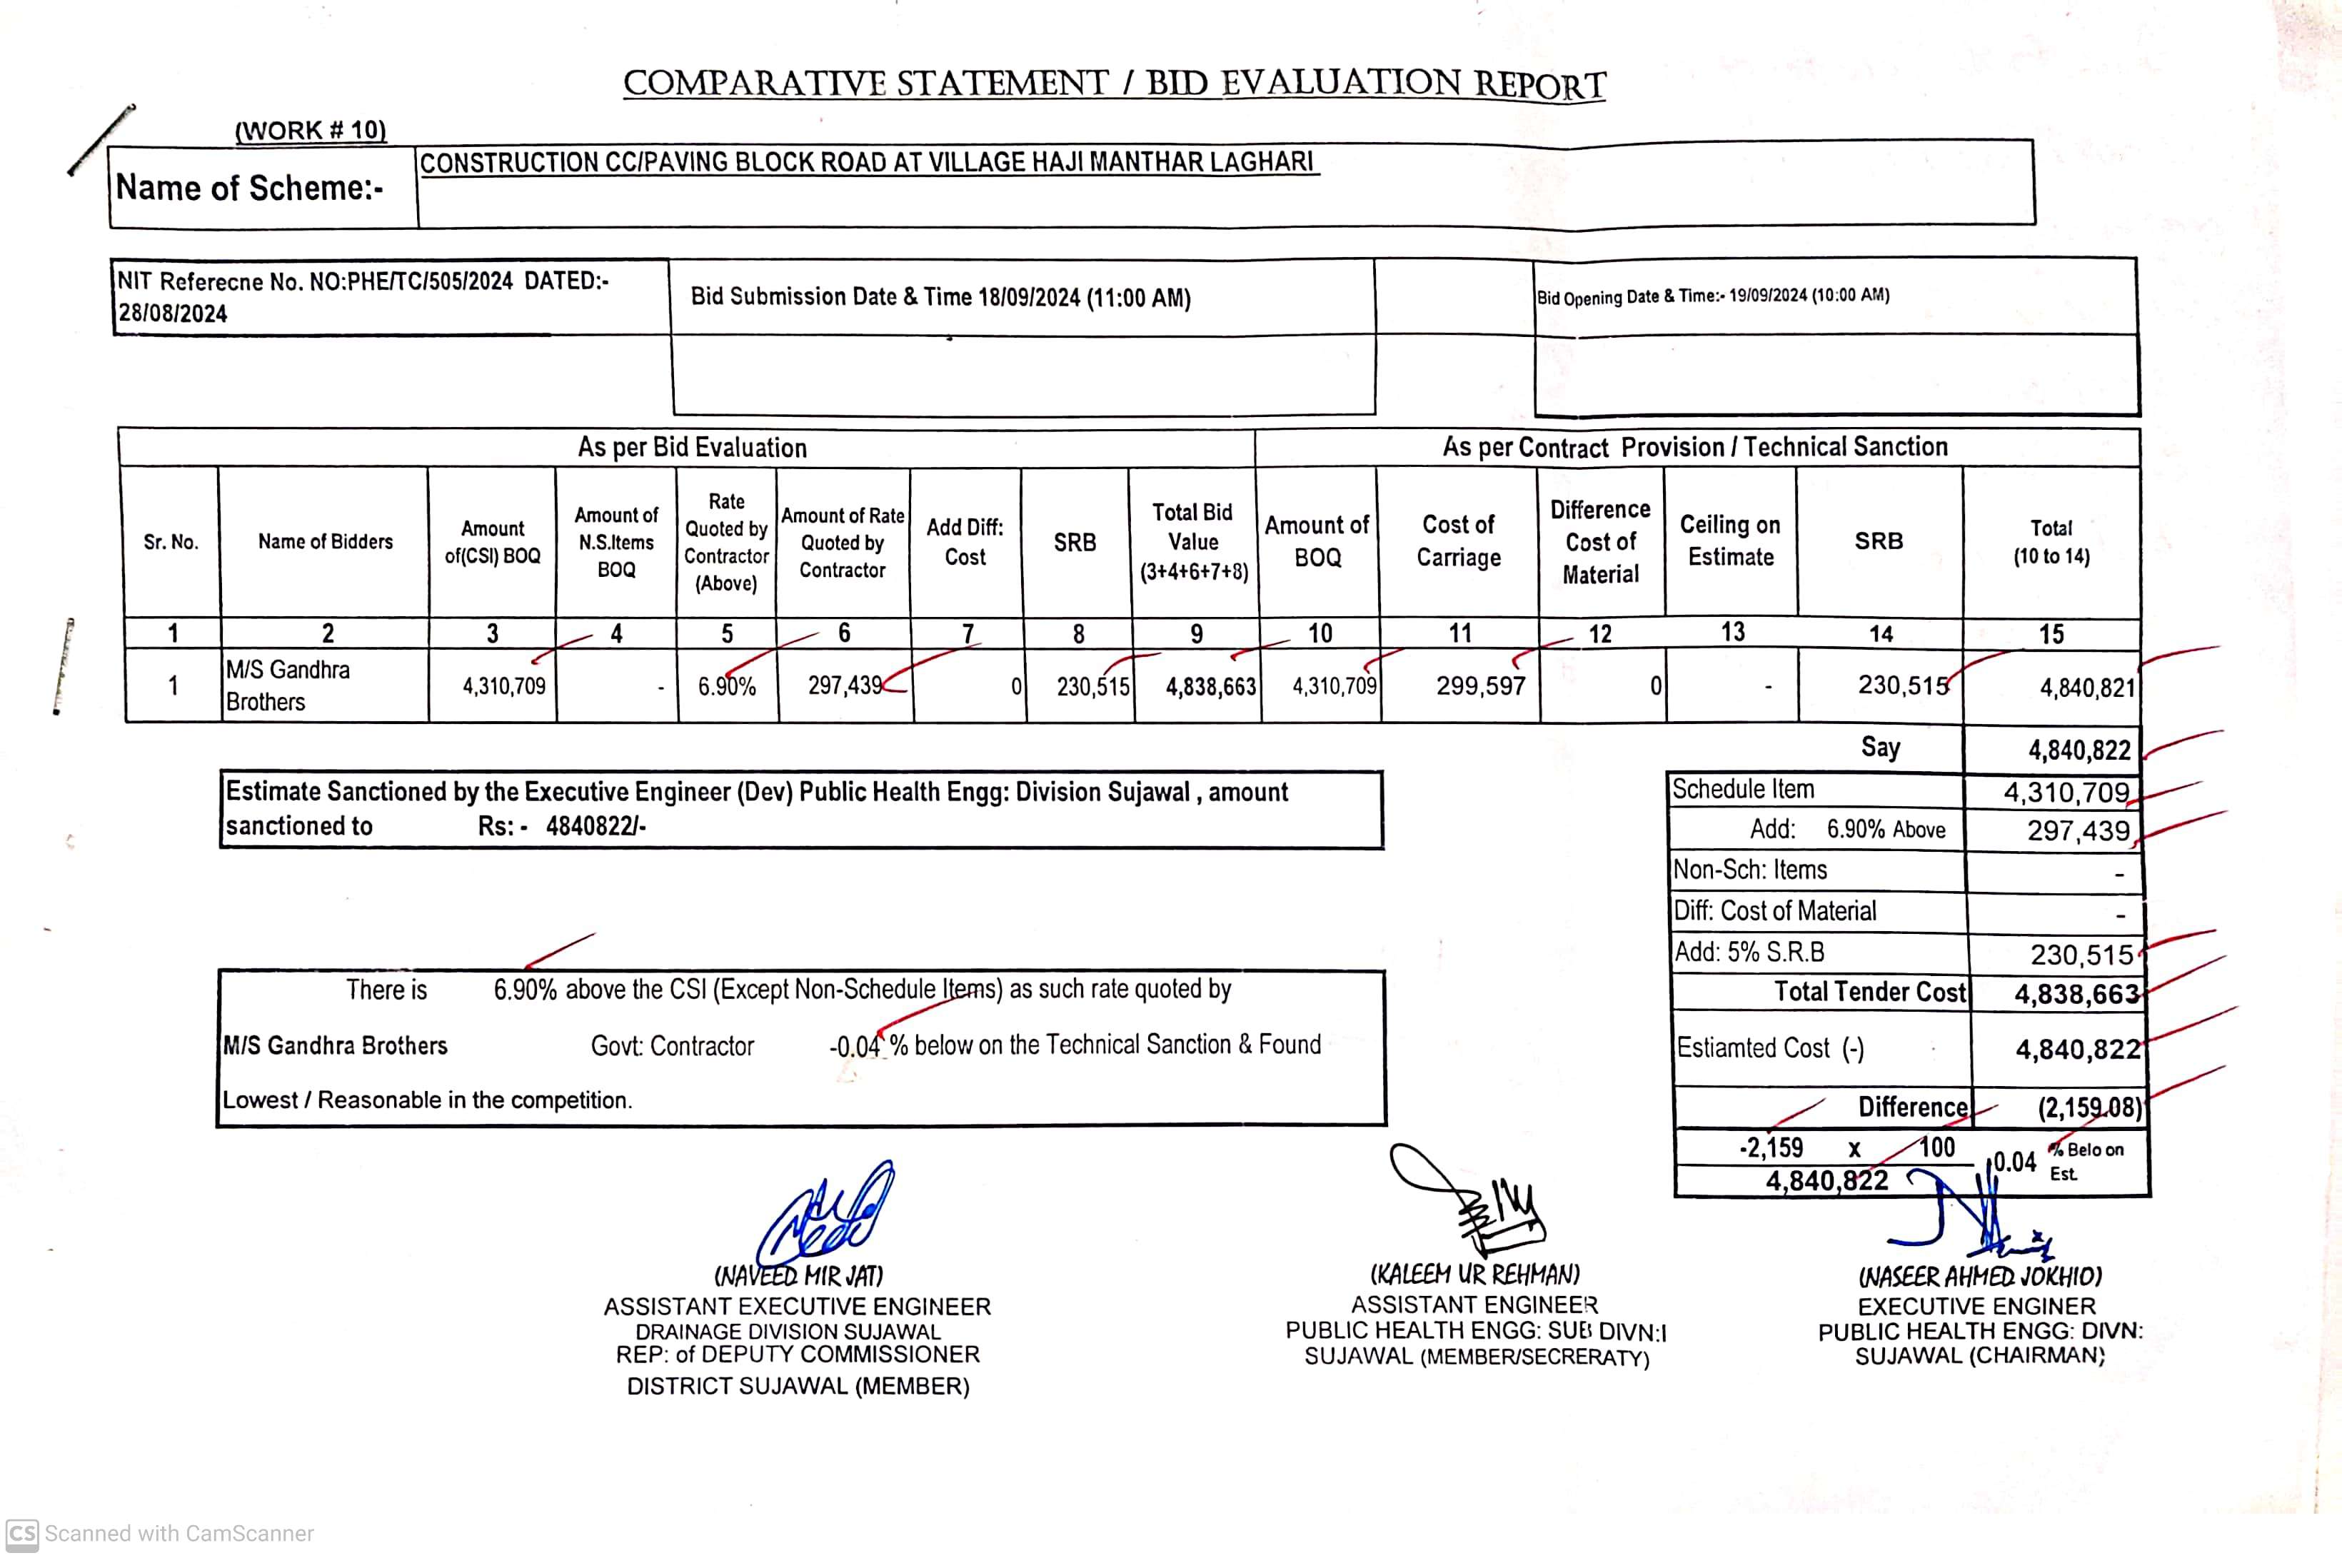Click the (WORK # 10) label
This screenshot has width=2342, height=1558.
click(x=310, y=130)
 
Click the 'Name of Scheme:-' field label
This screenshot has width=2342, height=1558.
click(x=249, y=188)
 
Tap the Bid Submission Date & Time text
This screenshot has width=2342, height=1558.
click(x=940, y=297)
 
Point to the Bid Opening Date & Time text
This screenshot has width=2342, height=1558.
click(x=1712, y=296)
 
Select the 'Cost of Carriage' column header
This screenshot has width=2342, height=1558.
click(x=1457, y=541)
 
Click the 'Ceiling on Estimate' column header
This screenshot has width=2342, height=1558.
click(x=1730, y=541)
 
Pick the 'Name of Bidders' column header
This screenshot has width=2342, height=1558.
click(x=325, y=541)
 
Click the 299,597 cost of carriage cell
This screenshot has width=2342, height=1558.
click(x=1479, y=685)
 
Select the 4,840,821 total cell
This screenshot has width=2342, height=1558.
click(x=2086, y=688)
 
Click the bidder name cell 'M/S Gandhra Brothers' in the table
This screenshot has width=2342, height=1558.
click(x=288, y=685)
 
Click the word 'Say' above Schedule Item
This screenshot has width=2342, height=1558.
click(x=1880, y=747)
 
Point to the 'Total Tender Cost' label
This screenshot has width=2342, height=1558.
click(x=1869, y=992)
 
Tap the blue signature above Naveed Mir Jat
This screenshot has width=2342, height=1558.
click(x=827, y=1215)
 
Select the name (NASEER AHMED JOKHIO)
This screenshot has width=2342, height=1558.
click(x=1979, y=1277)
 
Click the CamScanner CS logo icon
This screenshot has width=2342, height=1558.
click(x=22, y=1533)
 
